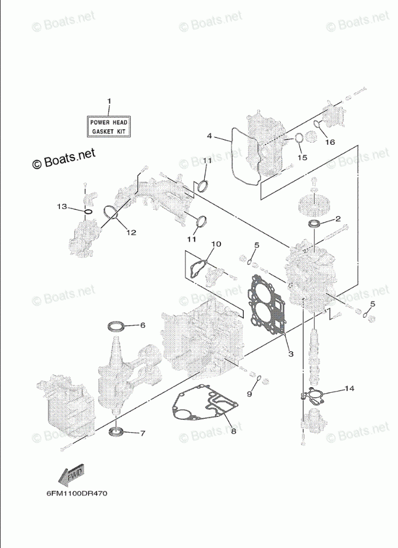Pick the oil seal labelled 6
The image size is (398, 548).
(x=116, y=324)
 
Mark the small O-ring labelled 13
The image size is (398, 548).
(x=87, y=211)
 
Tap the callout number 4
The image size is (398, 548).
(x=209, y=136)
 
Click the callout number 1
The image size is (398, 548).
(x=109, y=101)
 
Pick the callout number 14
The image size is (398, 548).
(x=349, y=388)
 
